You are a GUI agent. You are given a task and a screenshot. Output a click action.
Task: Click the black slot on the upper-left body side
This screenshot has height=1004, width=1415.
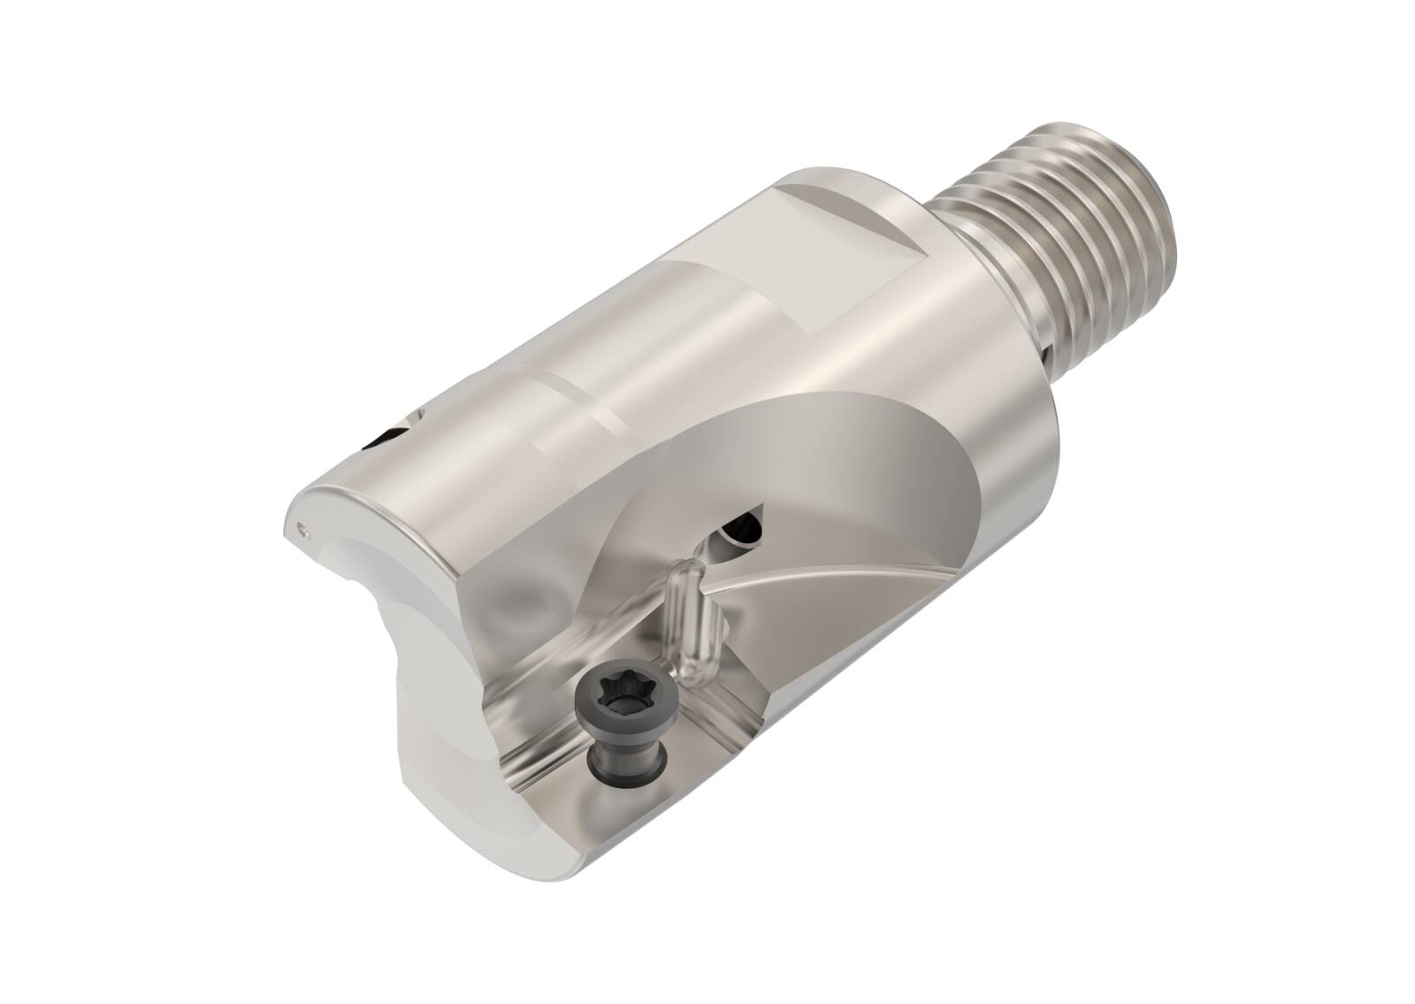click(386, 437)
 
